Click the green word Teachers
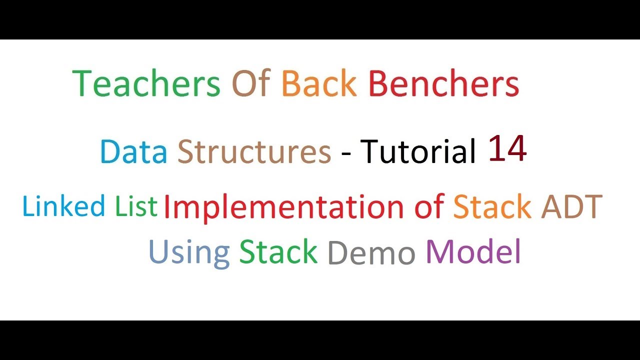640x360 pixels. coord(146,83)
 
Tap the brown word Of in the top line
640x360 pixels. coord(251,83)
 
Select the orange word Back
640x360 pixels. coord(318,83)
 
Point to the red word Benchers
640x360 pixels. coord(443,83)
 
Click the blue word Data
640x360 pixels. coord(133,151)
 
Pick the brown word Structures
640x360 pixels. coord(254,151)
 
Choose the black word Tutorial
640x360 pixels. coord(417,151)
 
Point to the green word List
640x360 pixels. coord(136,206)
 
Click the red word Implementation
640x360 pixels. coord(283,207)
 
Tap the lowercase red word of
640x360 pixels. coord(429,207)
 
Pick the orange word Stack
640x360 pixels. coord(492,207)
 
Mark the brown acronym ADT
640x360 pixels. coord(571,207)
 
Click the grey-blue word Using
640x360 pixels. coord(189,252)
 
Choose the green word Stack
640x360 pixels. coord(278,251)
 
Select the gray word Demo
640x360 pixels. coord(371,253)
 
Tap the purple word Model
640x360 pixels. coord(473,251)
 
